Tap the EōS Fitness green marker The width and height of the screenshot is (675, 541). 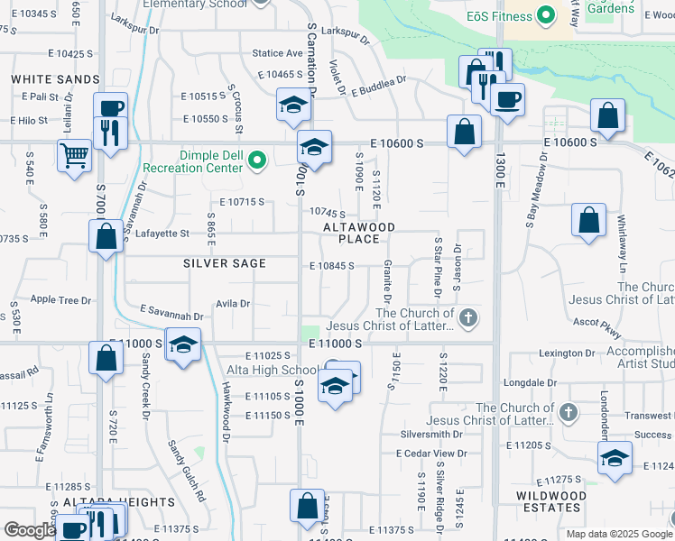(x=544, y=15)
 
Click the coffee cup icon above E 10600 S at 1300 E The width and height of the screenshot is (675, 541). (x=507, y=97)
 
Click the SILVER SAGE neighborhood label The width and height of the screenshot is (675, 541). (x=225, y=263)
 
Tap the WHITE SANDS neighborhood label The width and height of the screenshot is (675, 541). (x=55, y=79)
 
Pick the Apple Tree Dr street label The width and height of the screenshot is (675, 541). (x=61, y=300)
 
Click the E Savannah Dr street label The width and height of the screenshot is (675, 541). (x=171, y=313)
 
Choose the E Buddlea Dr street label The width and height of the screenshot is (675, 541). (x=379, y=85)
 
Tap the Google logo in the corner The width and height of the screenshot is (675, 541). (x=30, y=530)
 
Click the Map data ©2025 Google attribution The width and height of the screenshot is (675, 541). (x=619, y=534)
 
